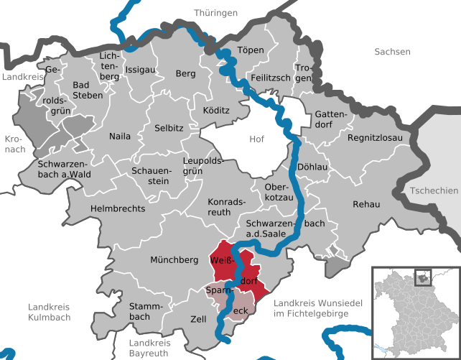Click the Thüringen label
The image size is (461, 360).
click(215, 12)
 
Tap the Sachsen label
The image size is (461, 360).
click(392, 52)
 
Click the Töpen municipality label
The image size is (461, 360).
click(251, 50)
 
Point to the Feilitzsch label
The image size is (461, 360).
click(271, 77)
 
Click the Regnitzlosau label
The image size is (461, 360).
click(376, 137)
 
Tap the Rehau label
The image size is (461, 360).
click(365, 205)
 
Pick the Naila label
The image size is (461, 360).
click(120, 136)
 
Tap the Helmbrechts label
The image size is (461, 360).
click(118, 208)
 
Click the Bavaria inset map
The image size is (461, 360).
click(414, 312)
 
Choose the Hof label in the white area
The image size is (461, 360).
click(256, 139)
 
